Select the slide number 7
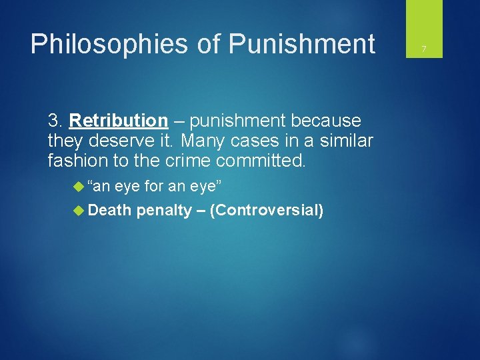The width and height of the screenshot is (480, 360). tap(423, 49)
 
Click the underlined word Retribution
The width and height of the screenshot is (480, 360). tap(118, 121)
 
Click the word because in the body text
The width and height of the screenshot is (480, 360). tap(326, 121)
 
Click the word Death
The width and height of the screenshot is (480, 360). tap(109, 211)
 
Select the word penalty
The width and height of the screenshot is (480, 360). tap(163, 211)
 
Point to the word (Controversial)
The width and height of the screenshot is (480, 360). tap(267, 211)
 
